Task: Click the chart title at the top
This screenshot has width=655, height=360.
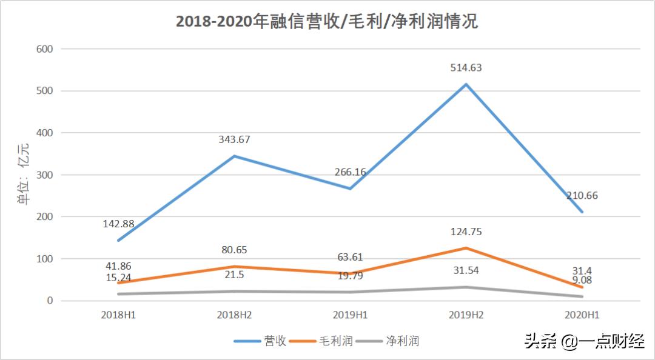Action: coord(327,21)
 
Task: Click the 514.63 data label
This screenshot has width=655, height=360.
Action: coord(465,68)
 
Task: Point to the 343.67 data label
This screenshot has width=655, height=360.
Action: coord(234,139)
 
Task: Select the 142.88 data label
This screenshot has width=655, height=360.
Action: coord(123,224)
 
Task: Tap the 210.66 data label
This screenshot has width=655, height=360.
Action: coord(583,195)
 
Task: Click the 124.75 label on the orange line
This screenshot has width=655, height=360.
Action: coord(465,232)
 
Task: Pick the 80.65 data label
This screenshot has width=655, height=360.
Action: coord(234,250)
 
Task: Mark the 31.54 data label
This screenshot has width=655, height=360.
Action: coord(465,270)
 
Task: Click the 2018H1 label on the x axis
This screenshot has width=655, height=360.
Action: coord(119,315)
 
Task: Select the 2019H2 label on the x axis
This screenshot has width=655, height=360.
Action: coord(465,315)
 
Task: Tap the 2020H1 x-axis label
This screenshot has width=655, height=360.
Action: coord(581,315)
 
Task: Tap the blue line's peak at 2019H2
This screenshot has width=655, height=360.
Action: coord(465,84)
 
